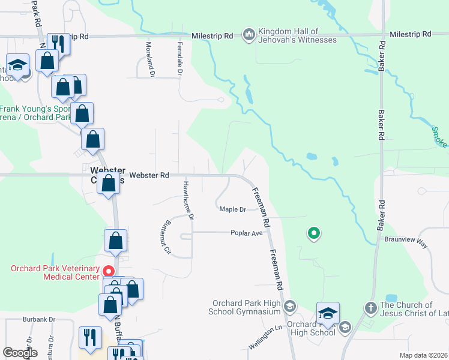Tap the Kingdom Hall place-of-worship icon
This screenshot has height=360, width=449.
(x=249, y=35)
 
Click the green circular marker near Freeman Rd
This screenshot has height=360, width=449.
(x=313, y=233)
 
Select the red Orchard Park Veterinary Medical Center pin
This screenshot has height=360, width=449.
(x=109, y=271)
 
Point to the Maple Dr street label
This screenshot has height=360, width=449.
(x=233, y=209)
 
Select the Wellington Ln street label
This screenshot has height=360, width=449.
(x=265, y=338)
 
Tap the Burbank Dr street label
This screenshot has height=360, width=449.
(x=39, y=319)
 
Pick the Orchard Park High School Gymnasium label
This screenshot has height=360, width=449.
(x=244, y=307)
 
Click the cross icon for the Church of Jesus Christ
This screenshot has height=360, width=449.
(x=370, y=308)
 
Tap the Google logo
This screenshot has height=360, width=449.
(x=20, y=353)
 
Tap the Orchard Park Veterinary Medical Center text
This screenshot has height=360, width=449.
(x=54, y=272)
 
